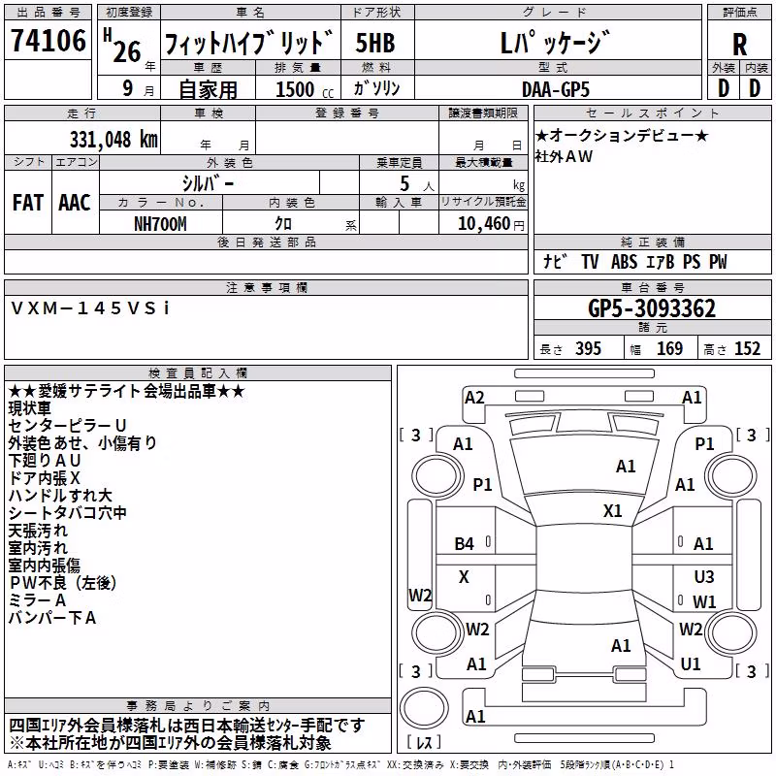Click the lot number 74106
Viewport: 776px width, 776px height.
48,41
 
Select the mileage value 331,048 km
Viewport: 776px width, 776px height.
113,140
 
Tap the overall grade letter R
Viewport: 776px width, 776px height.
739,45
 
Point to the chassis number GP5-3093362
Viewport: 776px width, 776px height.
652,308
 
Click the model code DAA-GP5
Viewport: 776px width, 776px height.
556,89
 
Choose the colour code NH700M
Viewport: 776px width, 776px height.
160,224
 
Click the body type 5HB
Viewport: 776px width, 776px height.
375,43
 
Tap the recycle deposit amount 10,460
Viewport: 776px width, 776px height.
484,224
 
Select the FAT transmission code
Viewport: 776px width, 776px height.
28,203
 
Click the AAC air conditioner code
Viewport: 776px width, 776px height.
75,203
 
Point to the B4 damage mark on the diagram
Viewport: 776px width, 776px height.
465,544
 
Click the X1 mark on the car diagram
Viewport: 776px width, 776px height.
613,511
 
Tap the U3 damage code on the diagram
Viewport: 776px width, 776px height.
704,576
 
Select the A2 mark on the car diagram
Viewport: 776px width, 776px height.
474,398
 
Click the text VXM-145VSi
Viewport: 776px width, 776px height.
90,308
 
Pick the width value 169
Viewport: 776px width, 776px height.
669,348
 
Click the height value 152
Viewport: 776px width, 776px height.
747,348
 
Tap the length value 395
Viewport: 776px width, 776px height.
588,348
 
